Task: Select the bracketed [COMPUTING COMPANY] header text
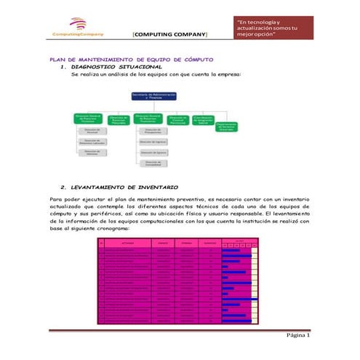[169, 34]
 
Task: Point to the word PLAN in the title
[58, 58]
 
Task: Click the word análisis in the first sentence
[119, 75]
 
